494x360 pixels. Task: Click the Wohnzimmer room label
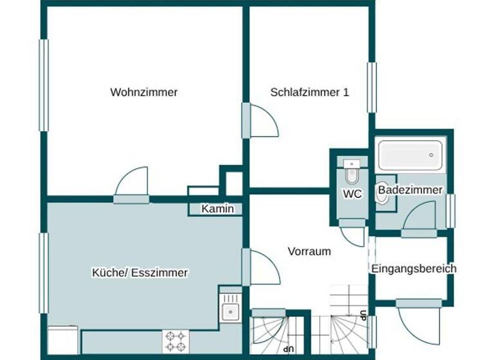coord(143,92)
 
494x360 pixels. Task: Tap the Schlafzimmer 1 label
coord(309,92)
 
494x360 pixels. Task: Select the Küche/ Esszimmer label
coord(140,273)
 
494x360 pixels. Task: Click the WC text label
coord(352,194)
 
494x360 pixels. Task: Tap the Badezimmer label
coord(410,190)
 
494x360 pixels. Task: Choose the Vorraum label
coord(309,251)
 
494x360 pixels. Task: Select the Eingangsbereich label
coord(414,269)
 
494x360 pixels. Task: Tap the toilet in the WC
coord(351,172)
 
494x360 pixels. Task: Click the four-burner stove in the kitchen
coord(176,341)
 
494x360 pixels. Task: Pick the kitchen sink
coord(230,312)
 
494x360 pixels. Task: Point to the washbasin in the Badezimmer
coord(382,198)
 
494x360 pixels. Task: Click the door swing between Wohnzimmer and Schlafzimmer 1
coord(262,120)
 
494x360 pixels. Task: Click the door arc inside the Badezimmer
coord(421,215)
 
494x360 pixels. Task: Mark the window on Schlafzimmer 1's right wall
coord(372,87)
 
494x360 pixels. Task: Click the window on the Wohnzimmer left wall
coord(44,86)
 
